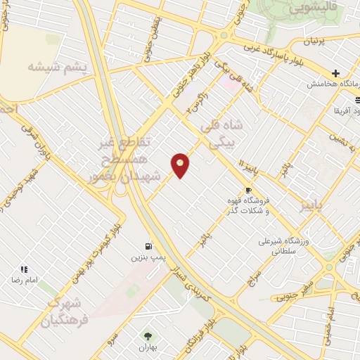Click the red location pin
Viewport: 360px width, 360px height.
coord(180,165)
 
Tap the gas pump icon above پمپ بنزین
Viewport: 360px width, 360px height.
coord(148,246)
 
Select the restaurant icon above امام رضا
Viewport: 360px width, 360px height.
coord(24,269)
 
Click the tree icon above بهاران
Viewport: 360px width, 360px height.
coord(148,335)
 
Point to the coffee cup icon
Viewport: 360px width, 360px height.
coord(248,190)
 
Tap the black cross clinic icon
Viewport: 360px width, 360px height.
coord(336,73)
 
